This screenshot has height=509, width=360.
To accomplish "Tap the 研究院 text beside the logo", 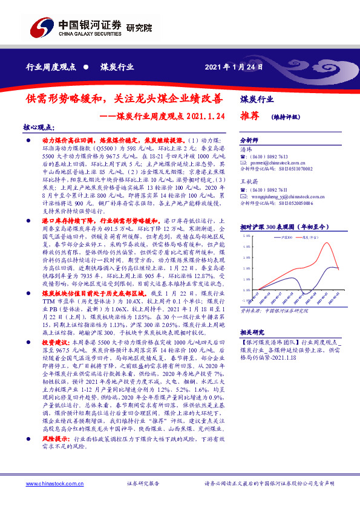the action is (140, 28).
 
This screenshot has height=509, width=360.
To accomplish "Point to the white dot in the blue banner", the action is (86, 66).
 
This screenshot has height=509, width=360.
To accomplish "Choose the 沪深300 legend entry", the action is (288, 238).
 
